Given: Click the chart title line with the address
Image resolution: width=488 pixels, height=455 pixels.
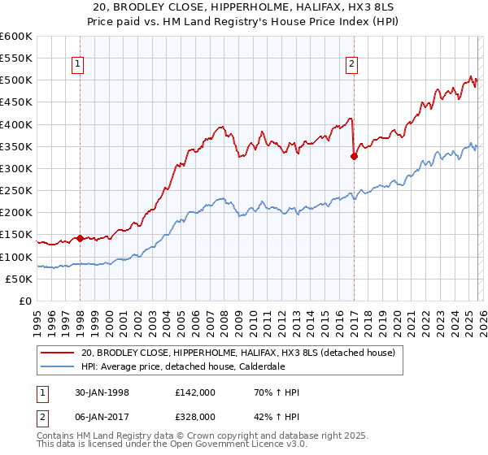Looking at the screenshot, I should (244, 7).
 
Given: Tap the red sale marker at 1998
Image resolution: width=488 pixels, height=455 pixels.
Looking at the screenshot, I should (80, 238).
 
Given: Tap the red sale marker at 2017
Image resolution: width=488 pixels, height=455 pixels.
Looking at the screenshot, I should (354, 157).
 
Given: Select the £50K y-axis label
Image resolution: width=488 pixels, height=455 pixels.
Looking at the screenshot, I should (18, 279).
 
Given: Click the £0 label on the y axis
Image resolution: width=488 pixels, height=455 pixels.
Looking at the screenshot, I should (24, 301).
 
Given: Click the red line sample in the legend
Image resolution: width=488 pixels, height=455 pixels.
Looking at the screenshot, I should (57, 353).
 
